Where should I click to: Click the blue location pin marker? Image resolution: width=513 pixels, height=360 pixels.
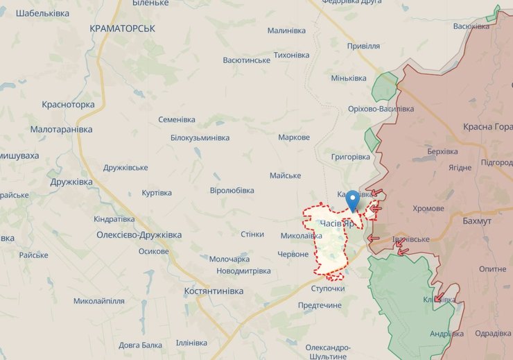pyautogui.click(x=352, y=199)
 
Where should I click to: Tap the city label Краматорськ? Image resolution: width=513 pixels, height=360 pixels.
pyautogui.click(x=123, y=28)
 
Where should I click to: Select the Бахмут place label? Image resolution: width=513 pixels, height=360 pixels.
pyautogui.click(x=476, y=221)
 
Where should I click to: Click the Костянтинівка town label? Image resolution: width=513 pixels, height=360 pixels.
pyautogui.click(x=214, y=291)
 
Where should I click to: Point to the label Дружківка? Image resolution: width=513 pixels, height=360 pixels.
pyautogui.click(x=71, y=182)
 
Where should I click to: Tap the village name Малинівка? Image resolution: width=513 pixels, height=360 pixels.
pyautogui.click(x=286, y=31)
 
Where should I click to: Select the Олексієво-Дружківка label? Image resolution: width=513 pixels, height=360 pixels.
pyautogui.click(x=139, y=235)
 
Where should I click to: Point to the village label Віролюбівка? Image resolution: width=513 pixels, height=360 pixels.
pyautogui.click(x=232, y=190)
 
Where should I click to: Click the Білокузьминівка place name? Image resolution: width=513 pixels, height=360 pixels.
pyautogui.click(x=200, y=137)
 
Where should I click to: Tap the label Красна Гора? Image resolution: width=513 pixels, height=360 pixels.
pyautogui.click(x=488, y=127)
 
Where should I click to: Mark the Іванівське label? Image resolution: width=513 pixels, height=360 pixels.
pyautogui.click(x=410, y=239)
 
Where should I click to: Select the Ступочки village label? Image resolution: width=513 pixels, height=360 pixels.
pyautogui.click(x=328, y=288)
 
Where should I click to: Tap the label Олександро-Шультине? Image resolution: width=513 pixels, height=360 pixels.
pyautogui.click(x=328, y=351)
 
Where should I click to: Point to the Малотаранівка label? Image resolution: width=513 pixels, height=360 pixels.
pyautogui.click(x=61, y=130)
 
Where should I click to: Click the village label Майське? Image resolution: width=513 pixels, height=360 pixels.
pyautogui.click(x=285, y=175)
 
